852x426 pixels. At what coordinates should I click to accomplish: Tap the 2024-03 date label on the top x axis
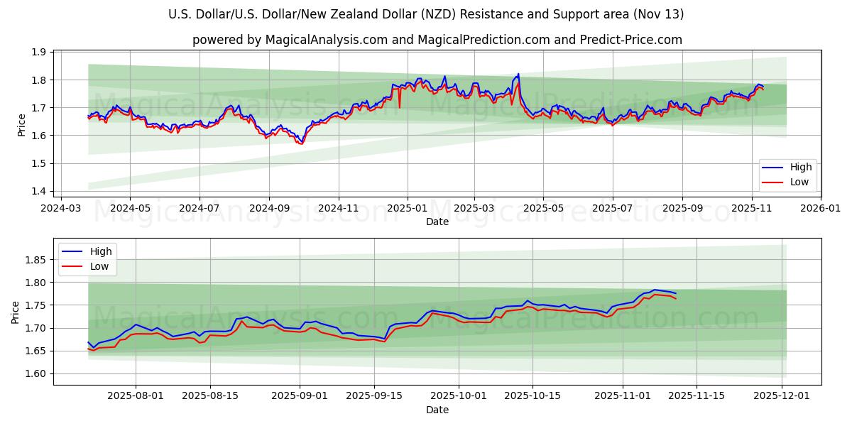(x=60, y=209)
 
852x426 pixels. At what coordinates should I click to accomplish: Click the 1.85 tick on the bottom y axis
(x=35, y=260)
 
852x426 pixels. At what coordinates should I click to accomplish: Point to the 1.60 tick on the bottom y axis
(x=35, y=373)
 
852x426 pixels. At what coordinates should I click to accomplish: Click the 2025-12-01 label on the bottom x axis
(x=782, y=396)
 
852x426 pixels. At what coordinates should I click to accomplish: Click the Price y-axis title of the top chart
(x=21, y=125)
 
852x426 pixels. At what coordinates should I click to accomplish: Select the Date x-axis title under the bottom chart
(x=437, y=410)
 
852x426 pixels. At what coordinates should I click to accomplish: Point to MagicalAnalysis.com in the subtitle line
(x=317, y=40)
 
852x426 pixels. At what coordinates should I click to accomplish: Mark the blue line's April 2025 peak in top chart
(x=518, y=74)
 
